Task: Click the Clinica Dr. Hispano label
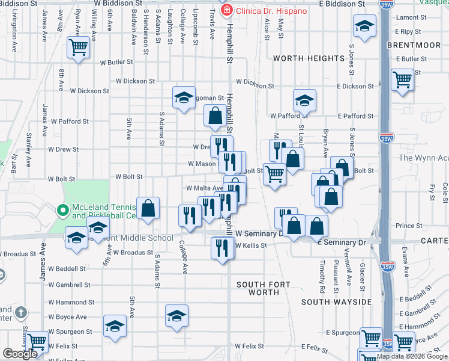[x=271, y=11]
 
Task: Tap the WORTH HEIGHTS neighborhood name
[x=309, y=58]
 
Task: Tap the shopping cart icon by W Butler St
[x=79, y=48]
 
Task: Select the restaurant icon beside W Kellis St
[x=222, y=247]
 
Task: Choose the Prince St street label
[x=409, y=226]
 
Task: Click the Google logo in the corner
[x=20, y=354]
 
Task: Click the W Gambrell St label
[x=69, y=285]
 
